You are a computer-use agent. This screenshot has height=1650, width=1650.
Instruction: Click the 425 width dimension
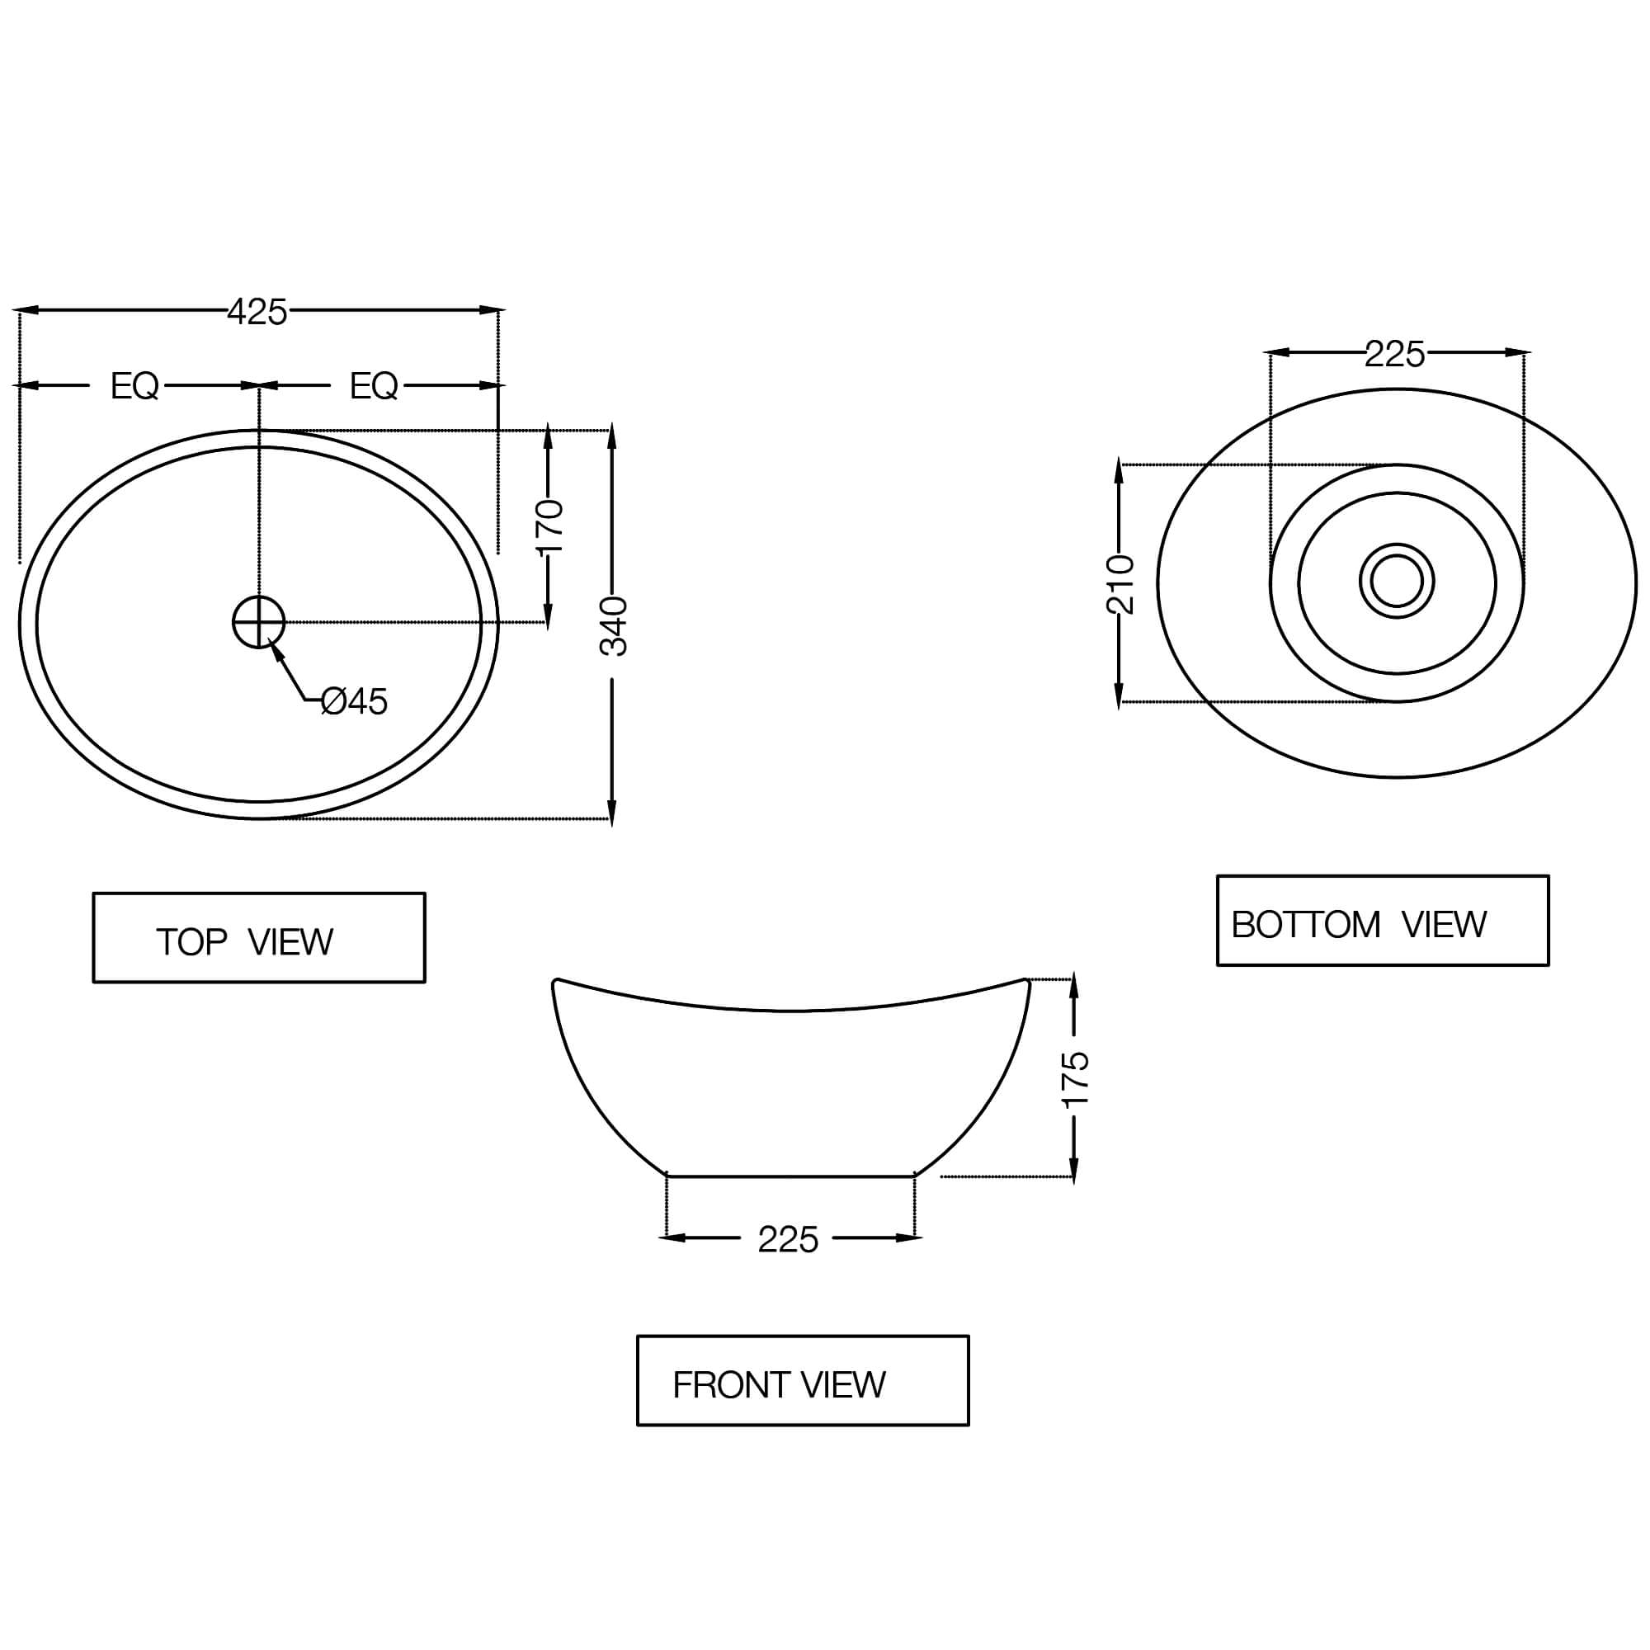257,313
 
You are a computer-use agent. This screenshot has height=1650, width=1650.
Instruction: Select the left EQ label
134,387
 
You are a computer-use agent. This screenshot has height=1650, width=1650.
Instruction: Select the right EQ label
373,387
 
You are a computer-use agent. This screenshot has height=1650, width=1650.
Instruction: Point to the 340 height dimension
613,627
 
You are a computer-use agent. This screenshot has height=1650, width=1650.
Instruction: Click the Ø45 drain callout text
355,702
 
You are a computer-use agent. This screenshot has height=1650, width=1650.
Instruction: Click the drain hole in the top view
259,622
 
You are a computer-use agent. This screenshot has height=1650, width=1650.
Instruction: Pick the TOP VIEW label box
259,938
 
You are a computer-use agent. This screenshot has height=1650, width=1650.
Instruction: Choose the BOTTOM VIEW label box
1382,921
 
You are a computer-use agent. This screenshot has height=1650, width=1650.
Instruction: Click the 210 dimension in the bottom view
1120,584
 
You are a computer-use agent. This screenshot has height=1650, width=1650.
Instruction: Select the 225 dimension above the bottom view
1394,355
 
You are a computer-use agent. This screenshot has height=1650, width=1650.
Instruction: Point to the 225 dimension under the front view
787,1241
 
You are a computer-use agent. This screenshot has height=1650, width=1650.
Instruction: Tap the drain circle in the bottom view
1397,581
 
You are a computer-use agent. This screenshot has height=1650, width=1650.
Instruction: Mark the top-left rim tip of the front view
556,982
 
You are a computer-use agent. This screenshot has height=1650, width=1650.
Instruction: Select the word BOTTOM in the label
1305,925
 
